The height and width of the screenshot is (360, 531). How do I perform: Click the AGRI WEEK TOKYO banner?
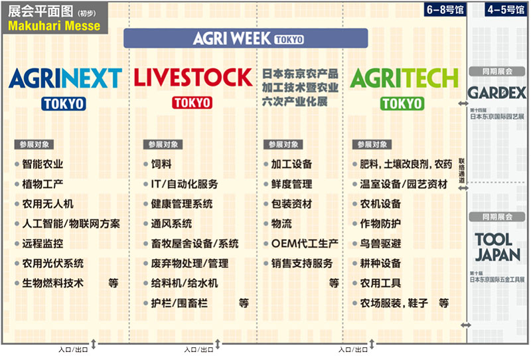[246, 38]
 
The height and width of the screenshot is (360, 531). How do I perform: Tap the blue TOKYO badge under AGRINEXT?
[64, 104]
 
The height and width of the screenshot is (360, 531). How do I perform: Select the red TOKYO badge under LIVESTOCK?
[192, 103]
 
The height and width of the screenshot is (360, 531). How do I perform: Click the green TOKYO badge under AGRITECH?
[402, 104]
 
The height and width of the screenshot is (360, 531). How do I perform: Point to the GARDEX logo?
[496, 92]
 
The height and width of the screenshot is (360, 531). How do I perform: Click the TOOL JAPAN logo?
[497, 248]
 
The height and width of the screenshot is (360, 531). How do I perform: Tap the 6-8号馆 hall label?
[445, 9]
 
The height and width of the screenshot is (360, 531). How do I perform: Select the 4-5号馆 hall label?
[506, 9]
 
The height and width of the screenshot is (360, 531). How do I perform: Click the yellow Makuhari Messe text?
[54, 26]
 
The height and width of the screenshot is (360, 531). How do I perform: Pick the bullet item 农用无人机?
[48, 204]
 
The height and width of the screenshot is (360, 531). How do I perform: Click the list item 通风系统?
[171, 224]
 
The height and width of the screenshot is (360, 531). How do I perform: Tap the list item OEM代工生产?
[305, 243]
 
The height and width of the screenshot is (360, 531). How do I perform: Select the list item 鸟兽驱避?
[380, 243]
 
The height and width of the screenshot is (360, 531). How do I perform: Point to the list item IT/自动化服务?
[185, 184]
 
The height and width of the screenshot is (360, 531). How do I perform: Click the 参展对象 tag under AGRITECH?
[372, 145]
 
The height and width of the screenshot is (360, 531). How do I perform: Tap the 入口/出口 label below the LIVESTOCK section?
[198, 349]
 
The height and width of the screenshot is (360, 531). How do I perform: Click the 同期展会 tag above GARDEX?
[497, 72]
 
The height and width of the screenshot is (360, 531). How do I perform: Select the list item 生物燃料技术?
[53, 283]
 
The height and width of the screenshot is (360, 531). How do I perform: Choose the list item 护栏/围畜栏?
[179, 303]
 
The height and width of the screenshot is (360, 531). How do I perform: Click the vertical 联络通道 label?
[461, 171]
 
